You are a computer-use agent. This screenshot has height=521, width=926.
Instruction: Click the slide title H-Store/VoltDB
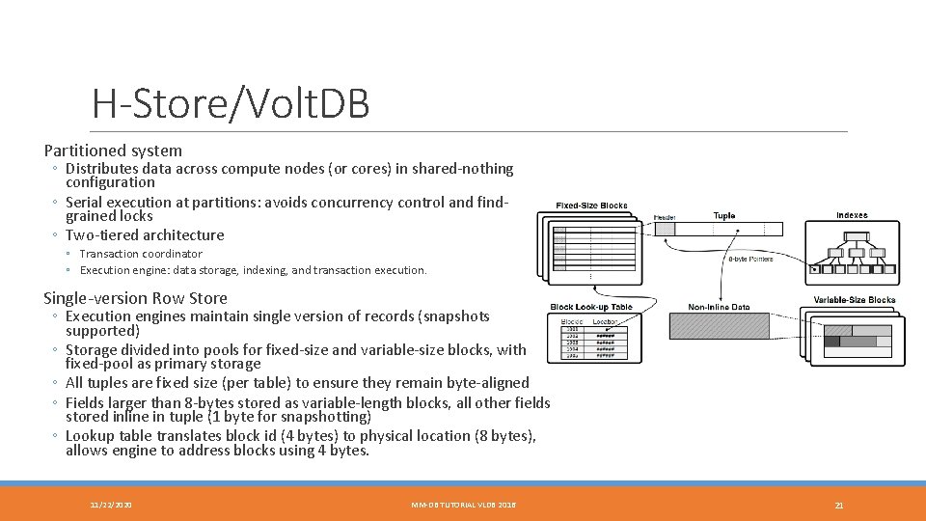[231, 104]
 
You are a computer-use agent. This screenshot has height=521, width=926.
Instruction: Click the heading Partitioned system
[113, 151]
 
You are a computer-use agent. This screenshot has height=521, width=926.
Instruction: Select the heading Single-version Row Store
[135, 298]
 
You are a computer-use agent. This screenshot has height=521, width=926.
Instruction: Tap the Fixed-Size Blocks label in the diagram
[591, 206]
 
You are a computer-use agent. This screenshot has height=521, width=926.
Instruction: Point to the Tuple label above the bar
[723, 216]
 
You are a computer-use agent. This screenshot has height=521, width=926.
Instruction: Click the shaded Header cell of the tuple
[665, 230]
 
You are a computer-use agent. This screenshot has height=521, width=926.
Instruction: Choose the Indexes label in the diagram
[851, 215]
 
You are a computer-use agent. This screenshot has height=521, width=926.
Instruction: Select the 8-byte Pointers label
[750, 259]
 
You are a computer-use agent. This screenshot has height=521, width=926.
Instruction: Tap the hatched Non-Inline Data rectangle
[719, 327]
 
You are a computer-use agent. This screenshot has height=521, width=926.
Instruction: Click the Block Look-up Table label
[591, 308]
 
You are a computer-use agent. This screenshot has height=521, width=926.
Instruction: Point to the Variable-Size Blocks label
[854, 300]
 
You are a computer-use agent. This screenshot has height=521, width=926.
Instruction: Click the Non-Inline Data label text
[719, 308]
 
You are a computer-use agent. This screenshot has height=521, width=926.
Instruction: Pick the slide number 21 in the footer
[838, 505]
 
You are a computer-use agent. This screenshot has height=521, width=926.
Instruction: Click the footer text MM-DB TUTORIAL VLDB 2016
[463, 505]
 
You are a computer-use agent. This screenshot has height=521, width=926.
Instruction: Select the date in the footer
[111, 505]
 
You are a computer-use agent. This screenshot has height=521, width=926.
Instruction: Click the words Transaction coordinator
[141, 254]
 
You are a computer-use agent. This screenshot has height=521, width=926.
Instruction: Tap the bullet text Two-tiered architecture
[145, 235]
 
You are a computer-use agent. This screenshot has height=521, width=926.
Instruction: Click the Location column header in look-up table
[605, 320]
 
